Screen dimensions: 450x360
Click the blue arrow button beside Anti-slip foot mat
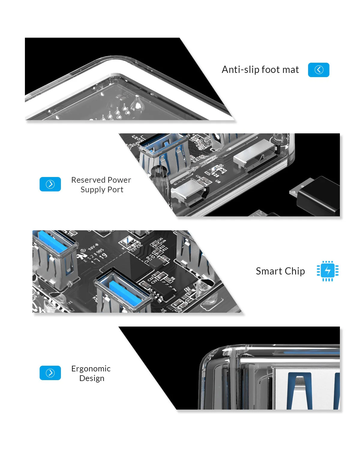pyautogui.click(x=319, y=70)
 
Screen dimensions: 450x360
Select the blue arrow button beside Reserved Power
pyautogui.click(x=50, y=184)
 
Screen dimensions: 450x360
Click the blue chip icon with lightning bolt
pyautogui.click(x=328, y=271)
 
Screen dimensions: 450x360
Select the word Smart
pyautogui.click(x=269, y=271)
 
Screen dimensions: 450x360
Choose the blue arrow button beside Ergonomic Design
pyautogui.click(x=50, y=373)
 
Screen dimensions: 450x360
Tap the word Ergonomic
pyautogui.click(x=91, y=369)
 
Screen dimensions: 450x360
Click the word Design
pyautogui.click(x=92, y=378)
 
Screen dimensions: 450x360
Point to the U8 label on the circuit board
pyautogui.click(x=218, y=181)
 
